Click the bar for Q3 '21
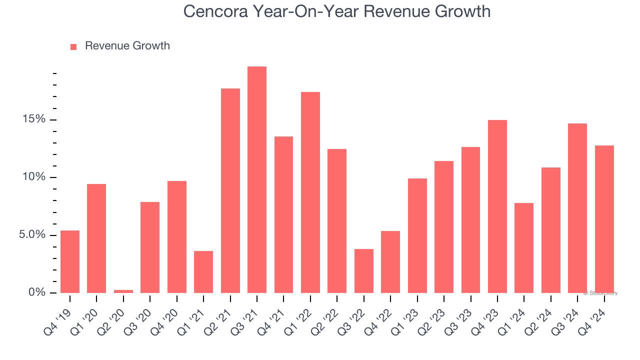coord(257,179)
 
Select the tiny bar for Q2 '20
coord(123,291)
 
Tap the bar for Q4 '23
coord(497,206)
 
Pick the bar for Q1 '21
coord(203,271)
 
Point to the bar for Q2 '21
coord(230,190)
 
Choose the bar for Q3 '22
coord(364,270)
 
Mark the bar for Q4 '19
coord(70,261)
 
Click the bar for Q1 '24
coord(524,247)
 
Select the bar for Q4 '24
coord(604,219)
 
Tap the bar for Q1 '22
coord(310,192)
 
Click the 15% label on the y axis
coord(33,119)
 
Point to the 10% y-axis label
coord(33,177)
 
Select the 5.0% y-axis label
coord(32,235)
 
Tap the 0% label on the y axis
coord(36,292)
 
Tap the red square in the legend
coord(73,46)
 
